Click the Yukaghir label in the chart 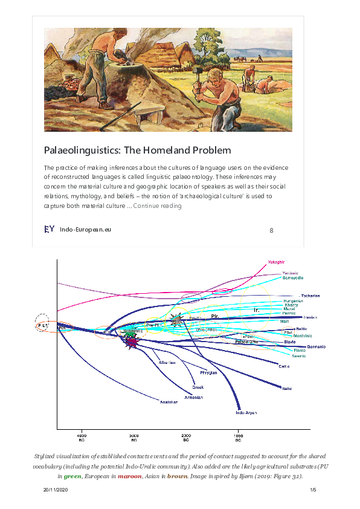point(275,262)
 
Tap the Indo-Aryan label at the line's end point(246,413)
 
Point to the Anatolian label point(169,401)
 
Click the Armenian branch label point(193,397)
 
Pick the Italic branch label point(287,388)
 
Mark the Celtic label point(283,366)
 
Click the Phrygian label point(208,373)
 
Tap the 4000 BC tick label point(82,438)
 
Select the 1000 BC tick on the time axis point(239,438)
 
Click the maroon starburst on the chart point(132,342)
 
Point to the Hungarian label point(293,300)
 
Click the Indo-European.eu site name point(85,230)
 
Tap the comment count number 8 point(271,230)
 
